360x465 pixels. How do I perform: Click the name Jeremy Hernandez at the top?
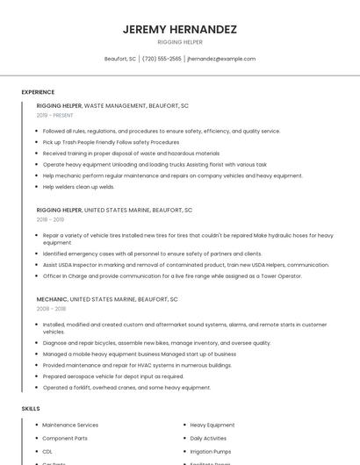(x=179, y=29)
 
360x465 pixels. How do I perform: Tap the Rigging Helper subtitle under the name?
(x=179, y=42)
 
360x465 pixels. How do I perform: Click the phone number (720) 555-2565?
(x=162, y=59)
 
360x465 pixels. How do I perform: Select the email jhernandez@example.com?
(x=221, y=59)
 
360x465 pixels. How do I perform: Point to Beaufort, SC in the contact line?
(x=119, y=59)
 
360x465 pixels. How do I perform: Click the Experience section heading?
(x=38, y=92)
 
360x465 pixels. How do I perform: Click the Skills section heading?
(x=31, y=409)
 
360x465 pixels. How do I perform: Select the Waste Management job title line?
(x=112, y=105)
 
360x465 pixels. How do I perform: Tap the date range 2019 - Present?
(x=54, y=115)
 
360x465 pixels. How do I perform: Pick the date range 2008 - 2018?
(x=51, y=309)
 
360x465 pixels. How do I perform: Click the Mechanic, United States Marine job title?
(x=107, y=299)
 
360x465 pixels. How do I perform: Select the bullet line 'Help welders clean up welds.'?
(x=79, y=187)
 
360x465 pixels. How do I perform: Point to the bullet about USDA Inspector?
(x=185, y=265)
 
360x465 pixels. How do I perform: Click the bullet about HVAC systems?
(x=137, y=365)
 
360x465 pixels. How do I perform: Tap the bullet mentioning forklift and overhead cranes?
(x=126, y=387)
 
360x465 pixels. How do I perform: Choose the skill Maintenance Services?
(x=70, y=426)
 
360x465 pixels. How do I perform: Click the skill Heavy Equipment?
(x=212, y=426)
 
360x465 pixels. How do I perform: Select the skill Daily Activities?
(x=208, y=438)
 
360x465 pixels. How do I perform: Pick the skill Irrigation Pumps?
(x=210, y=450)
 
